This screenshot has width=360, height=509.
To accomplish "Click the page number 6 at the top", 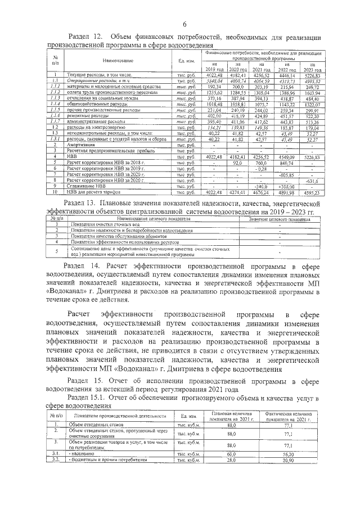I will [184, 23].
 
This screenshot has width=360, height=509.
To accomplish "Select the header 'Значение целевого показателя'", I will [280, 218].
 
